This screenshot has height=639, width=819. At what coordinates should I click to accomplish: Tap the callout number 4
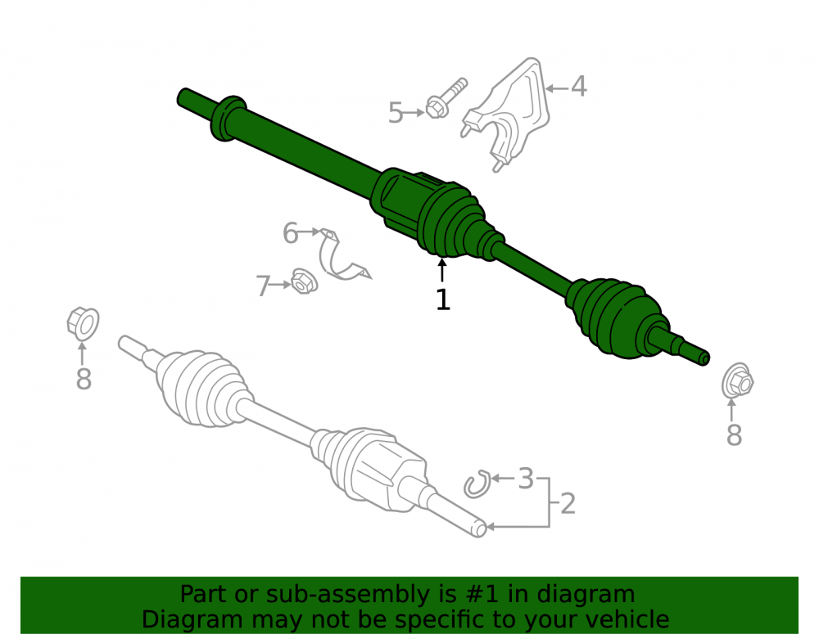click(x=578, y=86)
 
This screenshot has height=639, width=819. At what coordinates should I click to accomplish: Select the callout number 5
click(x=396, y=113)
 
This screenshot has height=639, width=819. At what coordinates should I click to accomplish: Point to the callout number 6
click(x=291, y=232)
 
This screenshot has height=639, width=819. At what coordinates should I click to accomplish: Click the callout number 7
click(x=263, y=286)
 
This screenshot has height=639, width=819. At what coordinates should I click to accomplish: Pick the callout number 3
click(x=526, y=479)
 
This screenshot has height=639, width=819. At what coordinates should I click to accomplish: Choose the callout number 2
click(x=568, y=503)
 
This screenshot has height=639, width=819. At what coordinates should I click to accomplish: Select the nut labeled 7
click(x=304, y=281)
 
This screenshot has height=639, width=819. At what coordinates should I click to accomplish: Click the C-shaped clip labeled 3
click(x=477, y=484)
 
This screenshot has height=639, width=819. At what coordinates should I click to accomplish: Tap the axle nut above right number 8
click(x=737, y=380)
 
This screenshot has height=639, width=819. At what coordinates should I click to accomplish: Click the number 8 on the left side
click(x=84, y=379)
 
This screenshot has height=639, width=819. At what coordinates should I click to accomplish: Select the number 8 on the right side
click(x=734, y=434)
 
